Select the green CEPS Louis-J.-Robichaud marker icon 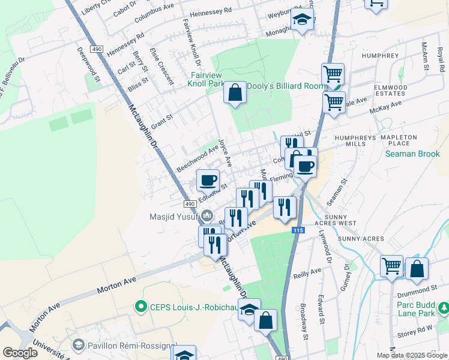[141, 307]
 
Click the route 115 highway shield [298, 230]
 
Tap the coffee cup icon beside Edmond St [208, 179]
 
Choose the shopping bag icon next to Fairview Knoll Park [235, 92]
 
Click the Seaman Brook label [412, 154]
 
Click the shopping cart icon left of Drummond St [391, 265]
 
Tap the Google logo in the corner [20, 352]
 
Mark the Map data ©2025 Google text [412, 355]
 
